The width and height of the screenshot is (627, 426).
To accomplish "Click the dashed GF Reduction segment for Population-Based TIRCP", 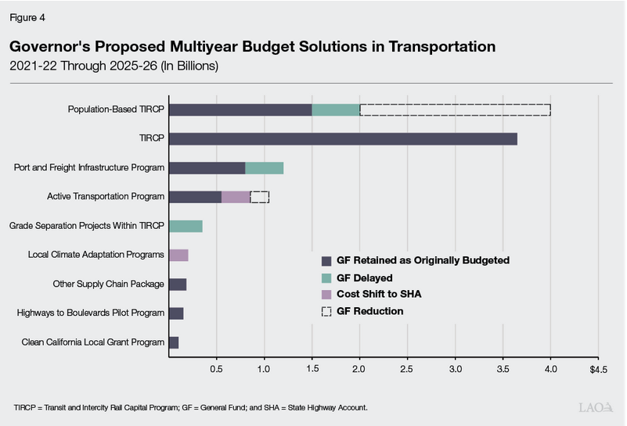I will click(455, 110).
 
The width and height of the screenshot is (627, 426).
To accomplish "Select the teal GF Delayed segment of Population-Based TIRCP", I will click(336, 110).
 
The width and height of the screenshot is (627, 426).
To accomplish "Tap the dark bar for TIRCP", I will click(343, 139).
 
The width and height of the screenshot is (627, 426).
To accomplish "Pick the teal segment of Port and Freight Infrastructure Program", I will click(264, 168).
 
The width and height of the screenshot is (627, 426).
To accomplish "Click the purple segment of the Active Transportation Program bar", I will click(236, 197).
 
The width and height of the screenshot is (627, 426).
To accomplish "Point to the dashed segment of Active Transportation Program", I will click(259, 197).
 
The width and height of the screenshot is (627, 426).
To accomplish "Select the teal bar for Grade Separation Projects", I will click(186, 226).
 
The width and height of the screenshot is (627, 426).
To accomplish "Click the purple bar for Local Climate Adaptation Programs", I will click(178, 255).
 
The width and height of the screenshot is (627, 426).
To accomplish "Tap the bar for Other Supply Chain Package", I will click(178, 284).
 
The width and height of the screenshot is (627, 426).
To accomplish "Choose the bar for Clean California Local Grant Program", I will click(174, 342).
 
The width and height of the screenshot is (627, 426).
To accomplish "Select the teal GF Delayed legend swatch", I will click(327, 277).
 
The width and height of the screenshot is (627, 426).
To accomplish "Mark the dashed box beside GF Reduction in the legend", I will click(327, 311).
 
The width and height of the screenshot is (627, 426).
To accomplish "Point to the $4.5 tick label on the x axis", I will click(597, 367).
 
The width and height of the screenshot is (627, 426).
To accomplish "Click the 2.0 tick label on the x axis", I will click(359, 367).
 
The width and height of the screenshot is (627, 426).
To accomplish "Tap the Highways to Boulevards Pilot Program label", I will click(90, 313).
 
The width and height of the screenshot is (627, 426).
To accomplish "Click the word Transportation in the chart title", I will click(434, 47).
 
